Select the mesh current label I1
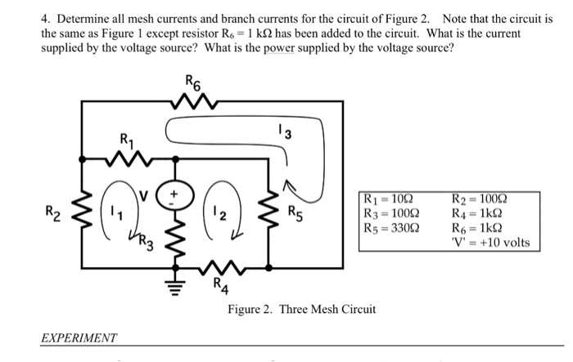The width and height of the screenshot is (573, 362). coord(115,214)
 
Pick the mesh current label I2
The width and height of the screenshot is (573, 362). coord(213,214)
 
